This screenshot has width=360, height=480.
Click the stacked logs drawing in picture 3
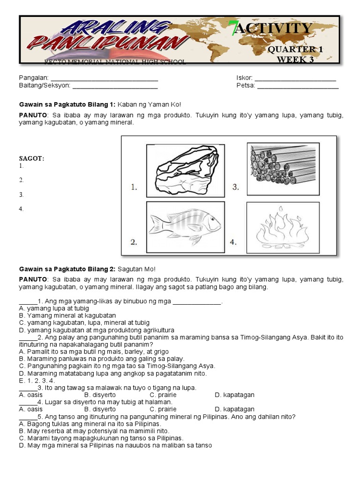283,168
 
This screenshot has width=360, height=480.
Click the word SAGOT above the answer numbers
31,158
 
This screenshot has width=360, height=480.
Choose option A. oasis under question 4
30,409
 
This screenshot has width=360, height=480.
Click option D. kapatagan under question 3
234,395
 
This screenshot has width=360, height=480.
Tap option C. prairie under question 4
163,409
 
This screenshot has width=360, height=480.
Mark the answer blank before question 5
28,416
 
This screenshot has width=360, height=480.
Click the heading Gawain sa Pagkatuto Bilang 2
67,269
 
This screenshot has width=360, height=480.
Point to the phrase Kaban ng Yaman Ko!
149,105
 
